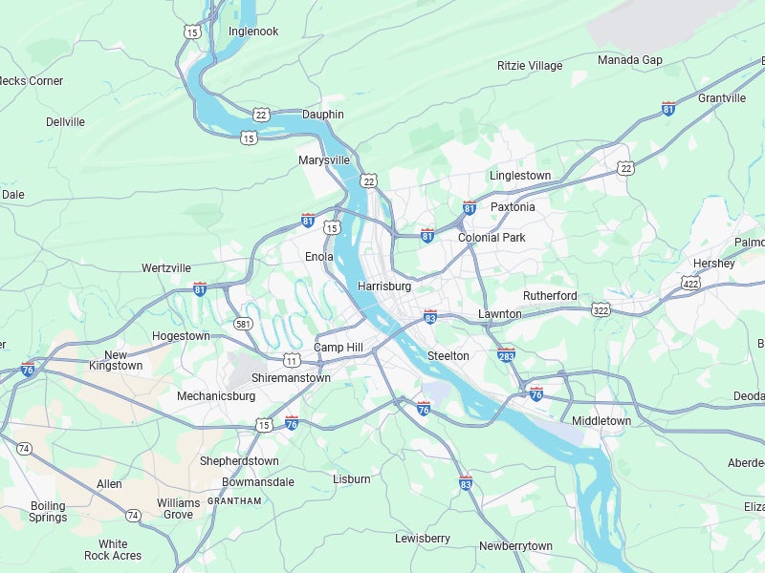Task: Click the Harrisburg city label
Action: tap(384, 286)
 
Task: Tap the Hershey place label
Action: tap(714, 264)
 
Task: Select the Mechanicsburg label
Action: tap(216, 396)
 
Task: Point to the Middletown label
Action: tap(601, 421)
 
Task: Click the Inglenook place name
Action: tap(253, 32)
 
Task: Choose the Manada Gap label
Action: tap(630, 60)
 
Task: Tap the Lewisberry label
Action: tap(423, 539)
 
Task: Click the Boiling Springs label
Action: tap(48, 512)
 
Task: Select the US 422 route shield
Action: tap(690, 284)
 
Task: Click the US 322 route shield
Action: tap(601, 310)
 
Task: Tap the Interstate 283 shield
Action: tap(507, 354)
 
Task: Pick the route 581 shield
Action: tap(244, 324)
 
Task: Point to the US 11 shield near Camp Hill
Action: tap(291, 360)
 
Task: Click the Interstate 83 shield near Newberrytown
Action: tap(466, 483)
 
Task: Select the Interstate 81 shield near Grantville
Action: tap(668, 108)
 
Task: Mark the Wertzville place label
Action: tap(166, 268)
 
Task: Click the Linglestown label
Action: tap(520, 176)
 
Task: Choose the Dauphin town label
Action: tap(323, 115)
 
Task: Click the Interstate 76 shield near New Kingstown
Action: tap(29, 369)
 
